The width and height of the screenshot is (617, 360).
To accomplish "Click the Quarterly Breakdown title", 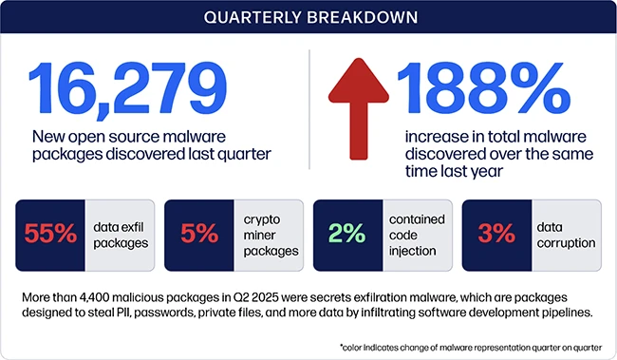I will [308, 17].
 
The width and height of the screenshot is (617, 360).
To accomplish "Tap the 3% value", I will [495, 234].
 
